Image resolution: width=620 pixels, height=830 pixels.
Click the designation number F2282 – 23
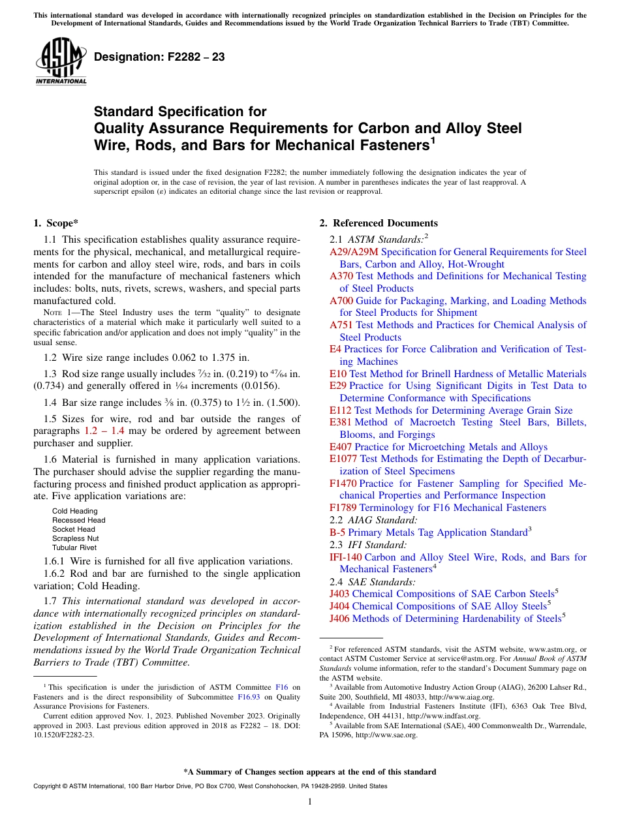coord(159,57)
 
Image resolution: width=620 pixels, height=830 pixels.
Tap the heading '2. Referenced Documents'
coord(379,223)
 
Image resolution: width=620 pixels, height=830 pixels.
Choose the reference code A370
coord(341,276)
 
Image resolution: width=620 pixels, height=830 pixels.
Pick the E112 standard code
coord(341,410)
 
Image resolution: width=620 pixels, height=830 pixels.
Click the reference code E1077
coord(343,459)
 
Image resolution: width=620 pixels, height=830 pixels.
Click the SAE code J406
coord(339,619)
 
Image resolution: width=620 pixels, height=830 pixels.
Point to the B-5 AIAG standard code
coord(337,532)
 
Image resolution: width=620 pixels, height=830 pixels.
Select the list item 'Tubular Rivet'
coord(74,547)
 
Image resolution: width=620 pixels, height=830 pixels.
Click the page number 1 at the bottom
coord(310,802)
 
